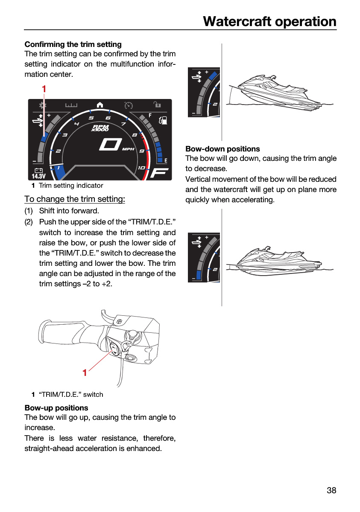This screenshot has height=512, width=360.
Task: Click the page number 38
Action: point(331,490)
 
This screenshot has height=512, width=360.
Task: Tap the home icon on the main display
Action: point(100,105)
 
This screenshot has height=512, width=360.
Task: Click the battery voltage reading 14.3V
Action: point(39,176)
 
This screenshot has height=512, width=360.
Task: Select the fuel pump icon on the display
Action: point(163,120)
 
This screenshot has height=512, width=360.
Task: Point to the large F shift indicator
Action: point(159,173)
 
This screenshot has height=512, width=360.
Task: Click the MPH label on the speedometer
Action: point(128,149)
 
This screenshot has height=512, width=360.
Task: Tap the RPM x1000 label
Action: point(100,128)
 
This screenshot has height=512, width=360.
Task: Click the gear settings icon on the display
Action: point(43,105)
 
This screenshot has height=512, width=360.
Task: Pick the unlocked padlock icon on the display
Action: point(157,105)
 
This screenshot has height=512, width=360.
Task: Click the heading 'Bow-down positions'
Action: point(222,149)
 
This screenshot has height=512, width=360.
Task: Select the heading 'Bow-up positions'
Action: point(56,408)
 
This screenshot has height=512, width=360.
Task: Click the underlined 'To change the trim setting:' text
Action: point(75,199)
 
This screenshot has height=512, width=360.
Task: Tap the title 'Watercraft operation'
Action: point(269,21)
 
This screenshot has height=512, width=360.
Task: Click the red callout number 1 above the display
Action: point(44,89)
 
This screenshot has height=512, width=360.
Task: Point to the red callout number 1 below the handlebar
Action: point(85,372)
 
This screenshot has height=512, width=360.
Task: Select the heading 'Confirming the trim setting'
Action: point(73,44)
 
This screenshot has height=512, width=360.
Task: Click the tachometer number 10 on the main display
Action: point(141,168)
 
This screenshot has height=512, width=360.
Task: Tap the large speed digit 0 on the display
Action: point(111,145)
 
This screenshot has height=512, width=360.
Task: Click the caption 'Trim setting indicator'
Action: point(71,185)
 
